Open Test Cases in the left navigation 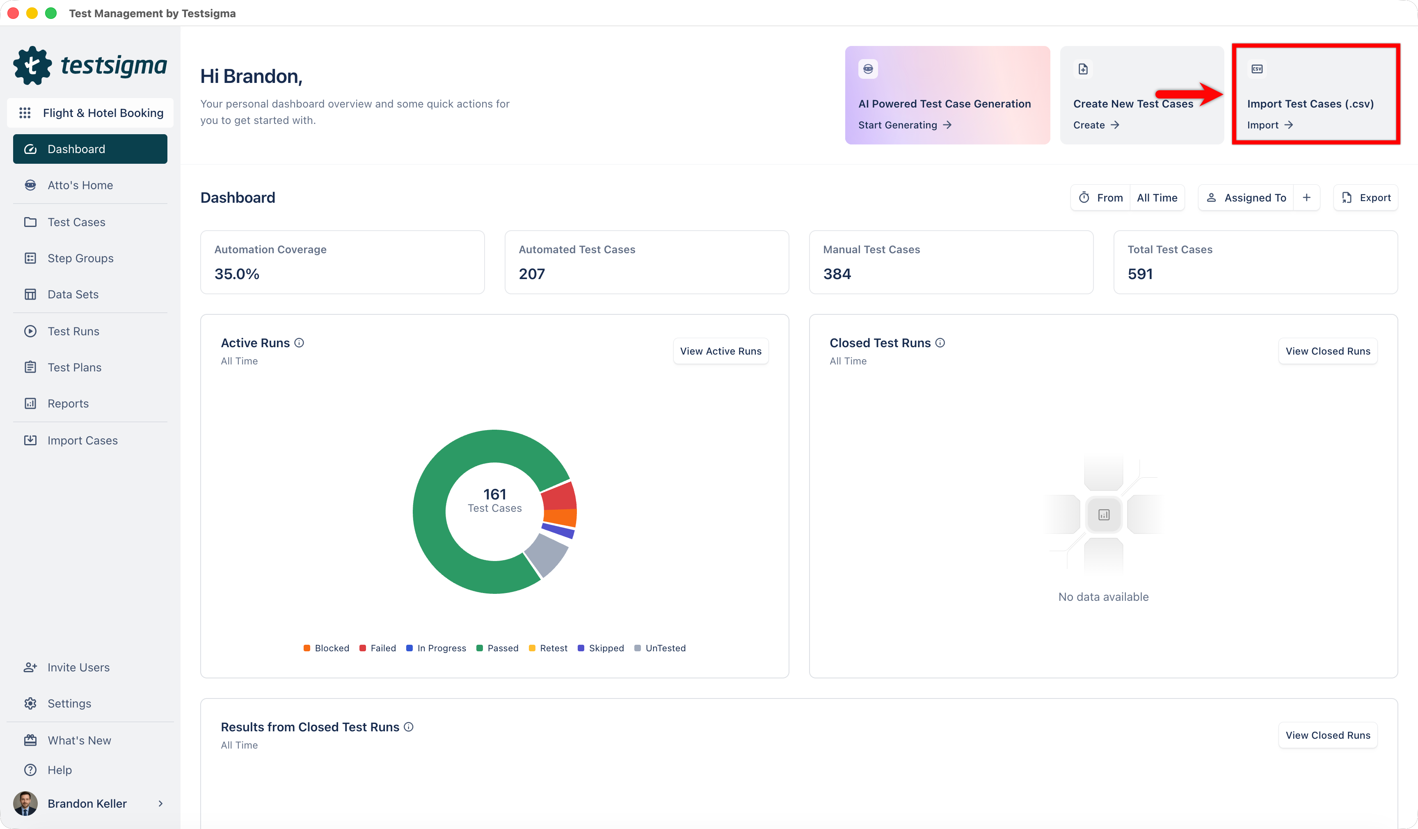pyautogui.click(x=76, y=222)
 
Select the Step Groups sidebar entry pyautogui.click(x=80, y=258)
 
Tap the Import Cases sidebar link pyautogui.click(x=82, y=441)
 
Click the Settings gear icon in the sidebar pyautogui.click(x=30, y=703)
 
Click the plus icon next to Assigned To pyautogui.click(x=1306, y=197)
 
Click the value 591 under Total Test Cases pyautogui.click(x=1140, y=274)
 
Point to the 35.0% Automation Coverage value pyautogui.click(x=236, y=274)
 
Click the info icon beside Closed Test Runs pyautogui.click(x=940, y=343)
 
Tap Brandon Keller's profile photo pyautogui.click(x=25, y=804)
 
